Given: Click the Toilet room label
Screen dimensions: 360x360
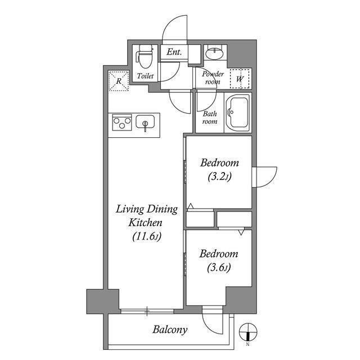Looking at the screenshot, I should pos(146,75).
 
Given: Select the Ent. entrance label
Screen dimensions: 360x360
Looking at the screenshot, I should pos(173,52).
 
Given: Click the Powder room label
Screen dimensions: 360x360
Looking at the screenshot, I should pos(213,78).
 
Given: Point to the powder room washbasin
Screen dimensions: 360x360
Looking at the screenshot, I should pos(214,54).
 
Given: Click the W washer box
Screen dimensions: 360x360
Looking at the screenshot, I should pos(240,78).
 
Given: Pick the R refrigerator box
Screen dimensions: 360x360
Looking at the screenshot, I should pos(119,80).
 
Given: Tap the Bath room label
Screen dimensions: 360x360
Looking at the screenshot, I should pos(210,117).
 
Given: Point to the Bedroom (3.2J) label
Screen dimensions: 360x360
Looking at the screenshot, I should pos(219,169).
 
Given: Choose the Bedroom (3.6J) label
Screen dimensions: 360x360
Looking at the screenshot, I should pos(219,260).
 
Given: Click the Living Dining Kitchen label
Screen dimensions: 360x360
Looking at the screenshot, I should pos(147,222).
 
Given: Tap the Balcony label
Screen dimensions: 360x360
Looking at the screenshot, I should pos(169,330).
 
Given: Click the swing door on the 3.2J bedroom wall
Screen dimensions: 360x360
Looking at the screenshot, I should pos(264,176).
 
